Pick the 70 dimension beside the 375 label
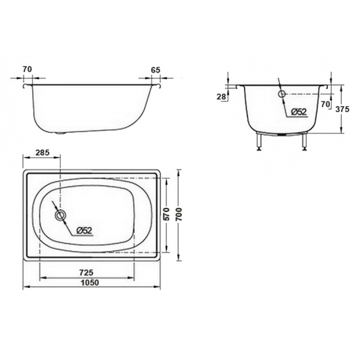[326, 103]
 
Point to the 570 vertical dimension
[167, 214]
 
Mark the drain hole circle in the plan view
[60, 215]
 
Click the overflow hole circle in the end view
[282, 94]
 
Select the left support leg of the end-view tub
[261, 141]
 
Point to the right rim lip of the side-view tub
[157, 84]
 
